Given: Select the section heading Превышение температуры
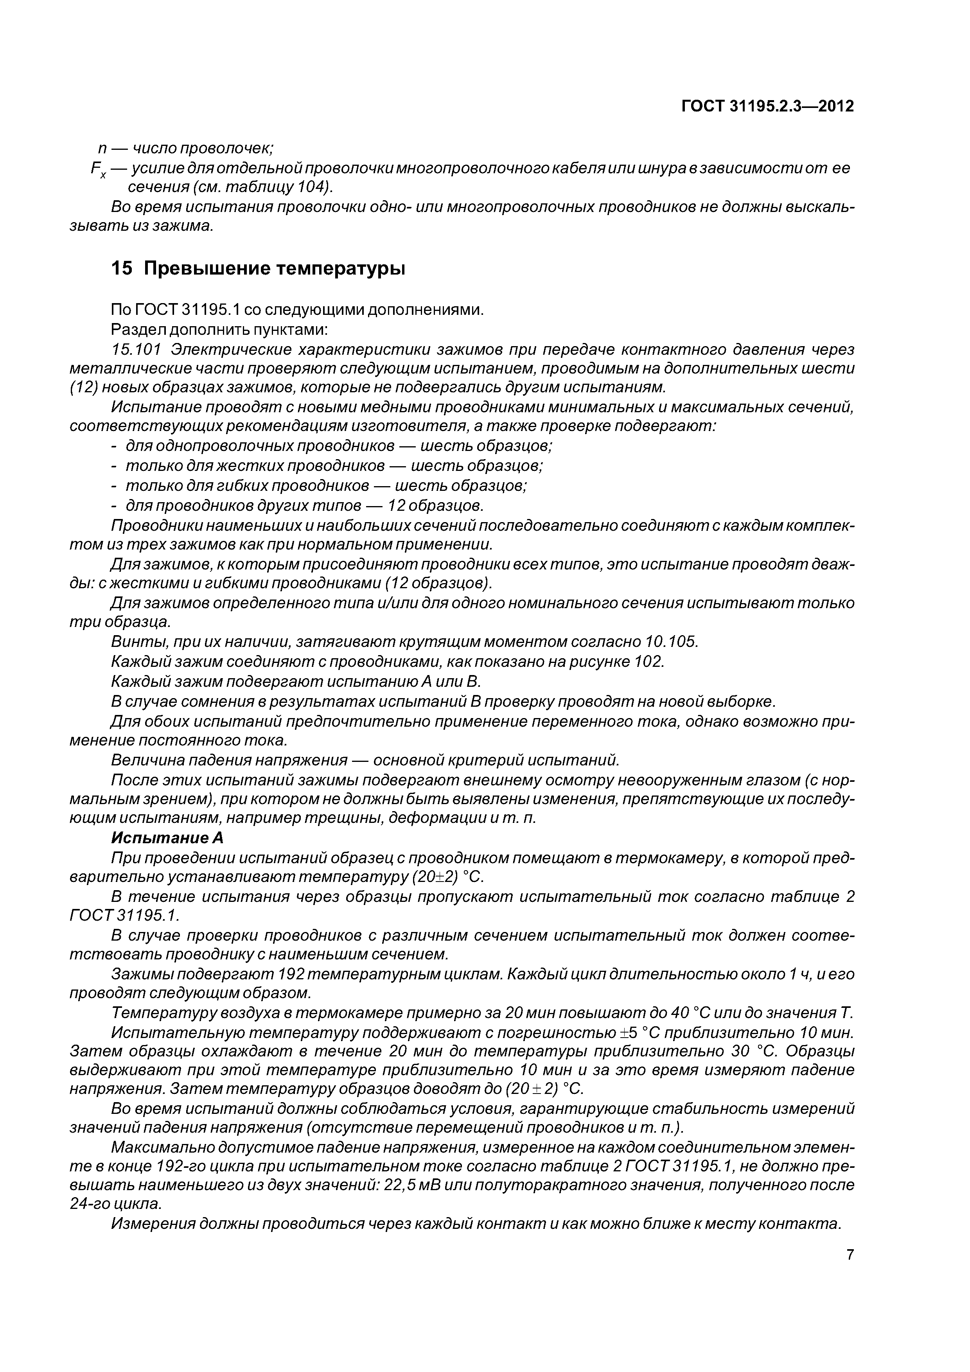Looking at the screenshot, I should [x=274, y=269].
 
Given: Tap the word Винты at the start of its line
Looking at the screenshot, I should [x=133, y=642].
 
